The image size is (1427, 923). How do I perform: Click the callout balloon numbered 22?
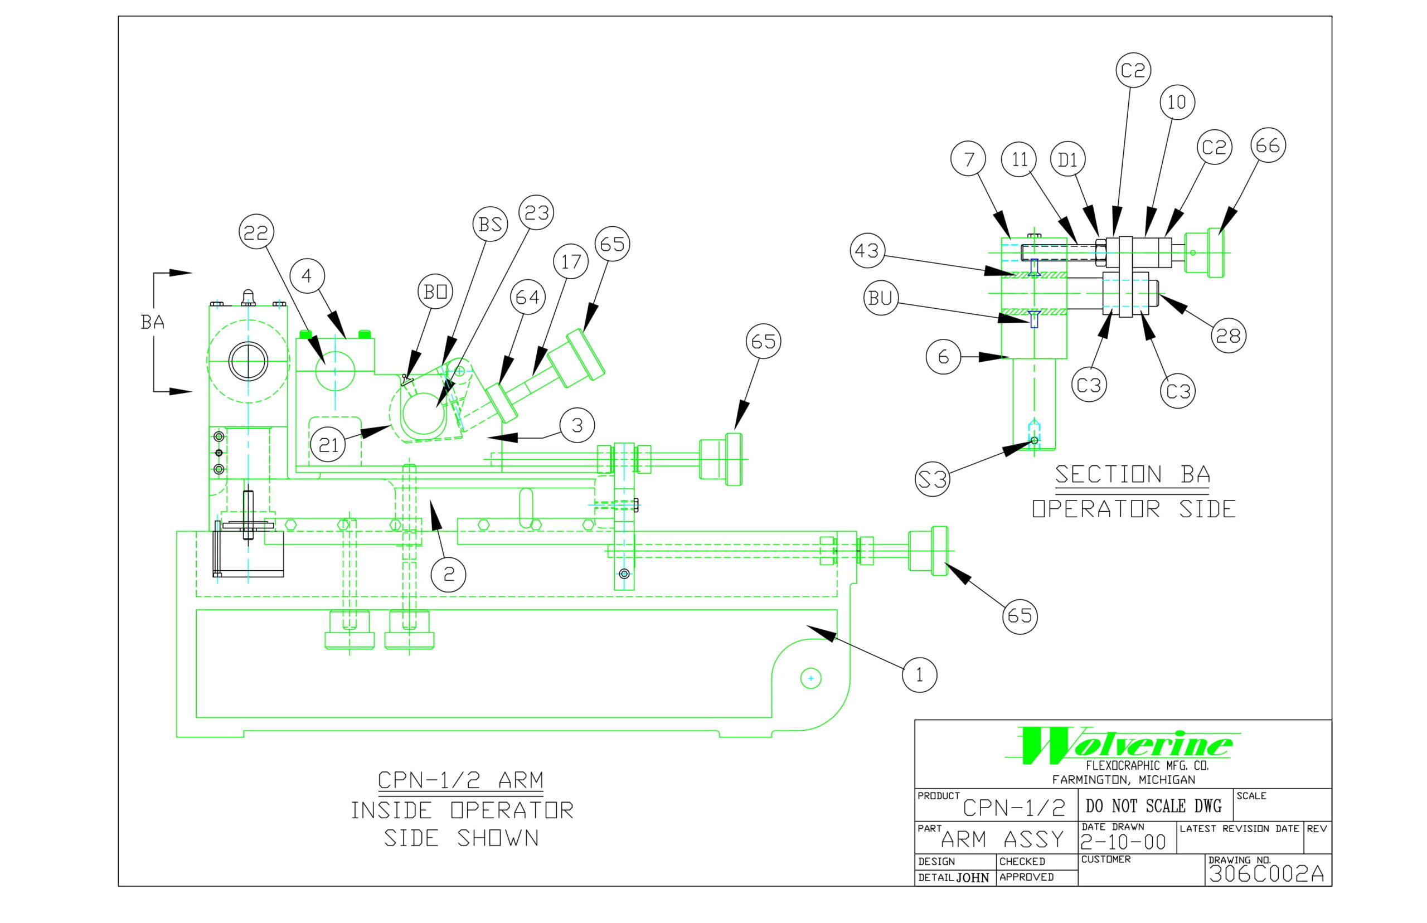pos(256,232)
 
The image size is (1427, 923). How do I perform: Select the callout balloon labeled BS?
pos(489,224)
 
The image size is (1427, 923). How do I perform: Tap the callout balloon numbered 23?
pos(536,212)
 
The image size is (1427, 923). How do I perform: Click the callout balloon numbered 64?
pos(527,297)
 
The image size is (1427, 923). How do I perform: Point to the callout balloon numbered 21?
pos(328,444)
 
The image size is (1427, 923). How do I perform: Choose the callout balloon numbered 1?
pos(919,675)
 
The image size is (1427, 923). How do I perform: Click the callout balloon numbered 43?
pos(867,250)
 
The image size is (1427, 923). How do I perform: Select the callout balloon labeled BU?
pos(880,298)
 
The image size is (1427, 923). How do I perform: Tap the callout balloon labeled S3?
pos(933,479)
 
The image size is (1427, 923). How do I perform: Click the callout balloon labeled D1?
pos(1067,159)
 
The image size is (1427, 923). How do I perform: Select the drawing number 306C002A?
pos(1266,874)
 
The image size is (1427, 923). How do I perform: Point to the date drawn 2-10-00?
pos(1123,842)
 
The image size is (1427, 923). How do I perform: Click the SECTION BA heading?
pos(1132,475)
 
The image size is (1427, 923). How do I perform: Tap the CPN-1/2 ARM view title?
pos(460,780)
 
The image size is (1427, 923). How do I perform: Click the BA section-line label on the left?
pos(152,323)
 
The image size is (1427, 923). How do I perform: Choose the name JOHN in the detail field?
pos(972,878)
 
